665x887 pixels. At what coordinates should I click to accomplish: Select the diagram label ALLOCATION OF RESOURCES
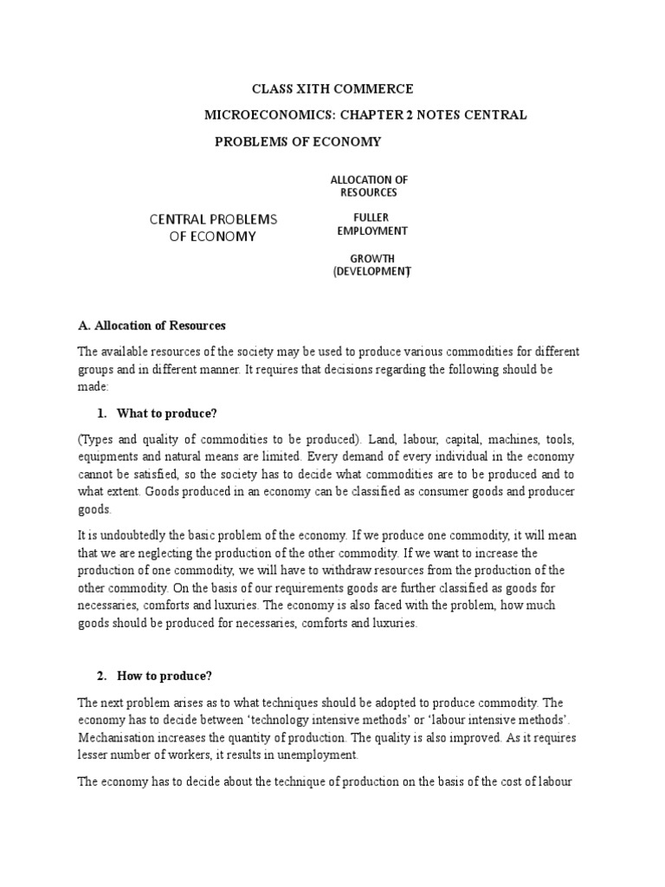coord(369,185)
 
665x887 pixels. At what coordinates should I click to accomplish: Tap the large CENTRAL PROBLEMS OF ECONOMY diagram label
coord(213,227)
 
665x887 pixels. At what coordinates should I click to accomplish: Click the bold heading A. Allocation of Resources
coord(152,326)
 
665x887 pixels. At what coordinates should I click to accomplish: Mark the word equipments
coord(108,456)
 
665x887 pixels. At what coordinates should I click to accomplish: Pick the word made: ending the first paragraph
coord(91,387)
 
